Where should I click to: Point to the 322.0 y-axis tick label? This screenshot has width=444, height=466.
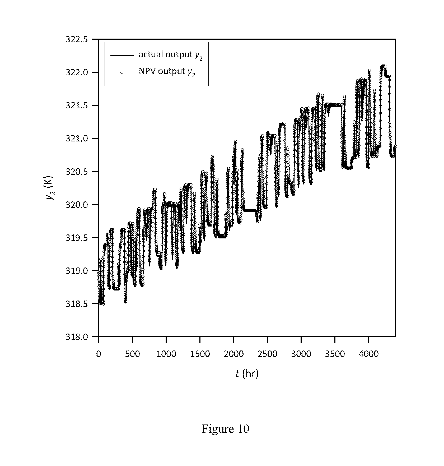coord(76,72)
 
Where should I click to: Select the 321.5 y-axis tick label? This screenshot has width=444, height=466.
coord(76,105)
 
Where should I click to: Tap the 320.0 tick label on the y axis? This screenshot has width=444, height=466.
coord(76,205)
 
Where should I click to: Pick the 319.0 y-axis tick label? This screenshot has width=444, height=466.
coord(76,271)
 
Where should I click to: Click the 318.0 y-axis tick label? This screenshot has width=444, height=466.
coord(76,336)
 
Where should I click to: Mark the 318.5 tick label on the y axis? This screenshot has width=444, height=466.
coord(76,304)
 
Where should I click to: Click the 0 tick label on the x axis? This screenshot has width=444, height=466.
coord(99,354)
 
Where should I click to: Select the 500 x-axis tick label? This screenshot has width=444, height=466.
coord(132,354)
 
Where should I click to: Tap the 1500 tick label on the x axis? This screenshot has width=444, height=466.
coord(200,354)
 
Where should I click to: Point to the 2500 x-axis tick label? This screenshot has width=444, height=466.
coord(267,354)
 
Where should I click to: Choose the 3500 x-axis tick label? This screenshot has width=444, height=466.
coord(335,354)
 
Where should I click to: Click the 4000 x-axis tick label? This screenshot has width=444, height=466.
coord(369,354)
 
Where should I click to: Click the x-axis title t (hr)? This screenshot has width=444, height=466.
coord(247,373)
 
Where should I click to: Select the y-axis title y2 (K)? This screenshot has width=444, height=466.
coord(50,188)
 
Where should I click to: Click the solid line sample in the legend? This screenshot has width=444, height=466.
coord(122,56)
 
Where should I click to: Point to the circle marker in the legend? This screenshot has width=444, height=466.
coord(122,72)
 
